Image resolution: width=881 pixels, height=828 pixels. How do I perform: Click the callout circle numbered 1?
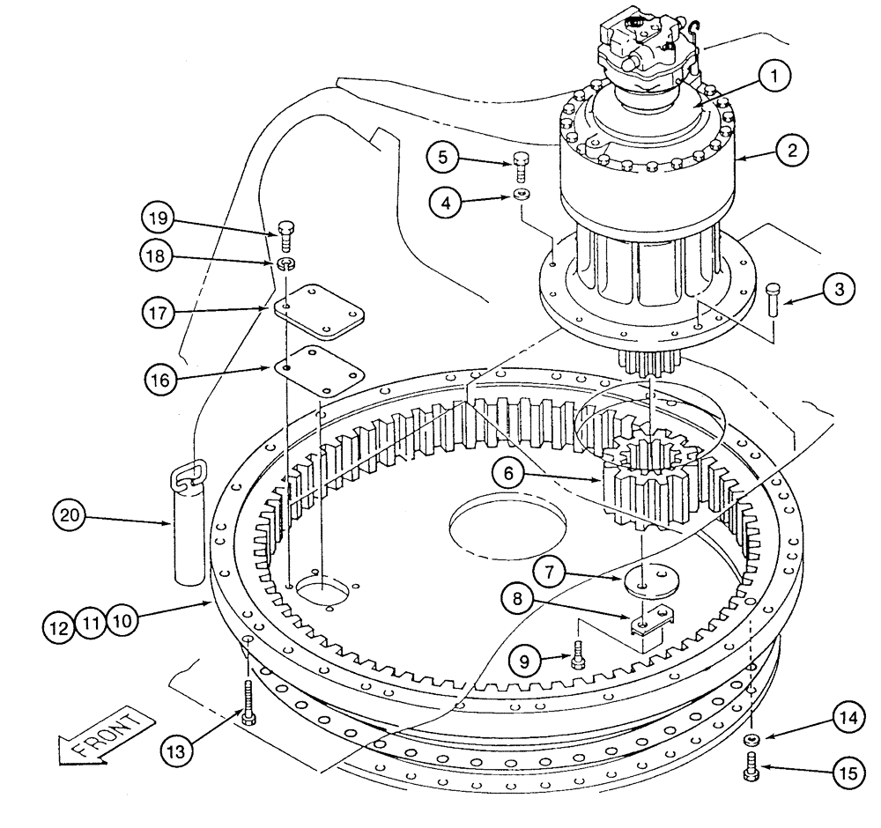pyautogui.click(x=774, y=78)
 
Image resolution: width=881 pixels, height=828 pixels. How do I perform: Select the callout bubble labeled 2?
pyautogui.click(x=792, y=151)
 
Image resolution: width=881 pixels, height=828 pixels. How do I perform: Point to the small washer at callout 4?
pyautogui.click(x=522, y=194)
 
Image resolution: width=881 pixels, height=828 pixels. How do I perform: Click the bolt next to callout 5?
pyautogui.click(x=521, y=165)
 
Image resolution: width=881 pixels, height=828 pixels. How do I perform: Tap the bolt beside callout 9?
pyautogui.click(x=578, y=655)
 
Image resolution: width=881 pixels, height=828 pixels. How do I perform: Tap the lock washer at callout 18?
pyautogui.click(x=285, y=262)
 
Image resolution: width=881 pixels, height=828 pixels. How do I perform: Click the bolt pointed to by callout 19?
pyautogui.click(x=285, y=233)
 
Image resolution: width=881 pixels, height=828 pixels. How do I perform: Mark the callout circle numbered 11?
pyautogui.click(x=90, y=622)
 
